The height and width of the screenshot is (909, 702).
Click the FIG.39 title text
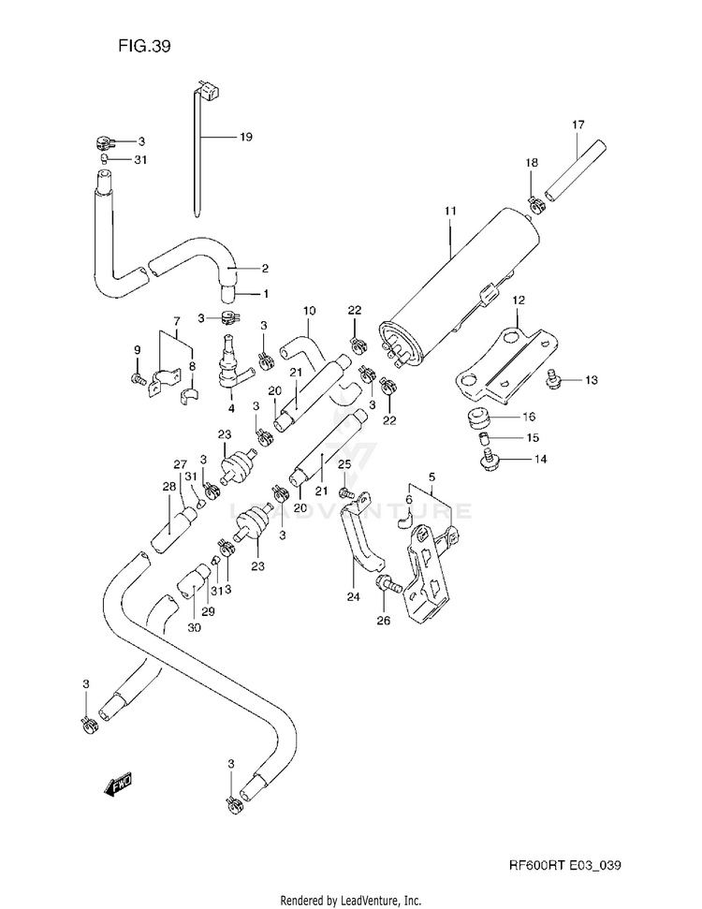[144, 46]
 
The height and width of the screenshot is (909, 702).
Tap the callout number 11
[450, 211]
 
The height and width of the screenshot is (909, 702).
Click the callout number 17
[578, 125]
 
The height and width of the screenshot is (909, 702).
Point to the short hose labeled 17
[575, 170]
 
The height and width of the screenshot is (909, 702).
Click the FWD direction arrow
[117, 784]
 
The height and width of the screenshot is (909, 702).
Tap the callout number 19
[246, 137]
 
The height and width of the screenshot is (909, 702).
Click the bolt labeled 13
[553, 379]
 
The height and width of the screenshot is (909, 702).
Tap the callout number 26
[383, 621]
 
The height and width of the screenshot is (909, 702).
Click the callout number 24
[353, 596]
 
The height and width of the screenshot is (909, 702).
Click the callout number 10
[309, 311]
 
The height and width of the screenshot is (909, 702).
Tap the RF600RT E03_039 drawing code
[565, 866]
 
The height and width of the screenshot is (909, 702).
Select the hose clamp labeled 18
[536, 205]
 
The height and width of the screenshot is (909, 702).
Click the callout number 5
[431, 477]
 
